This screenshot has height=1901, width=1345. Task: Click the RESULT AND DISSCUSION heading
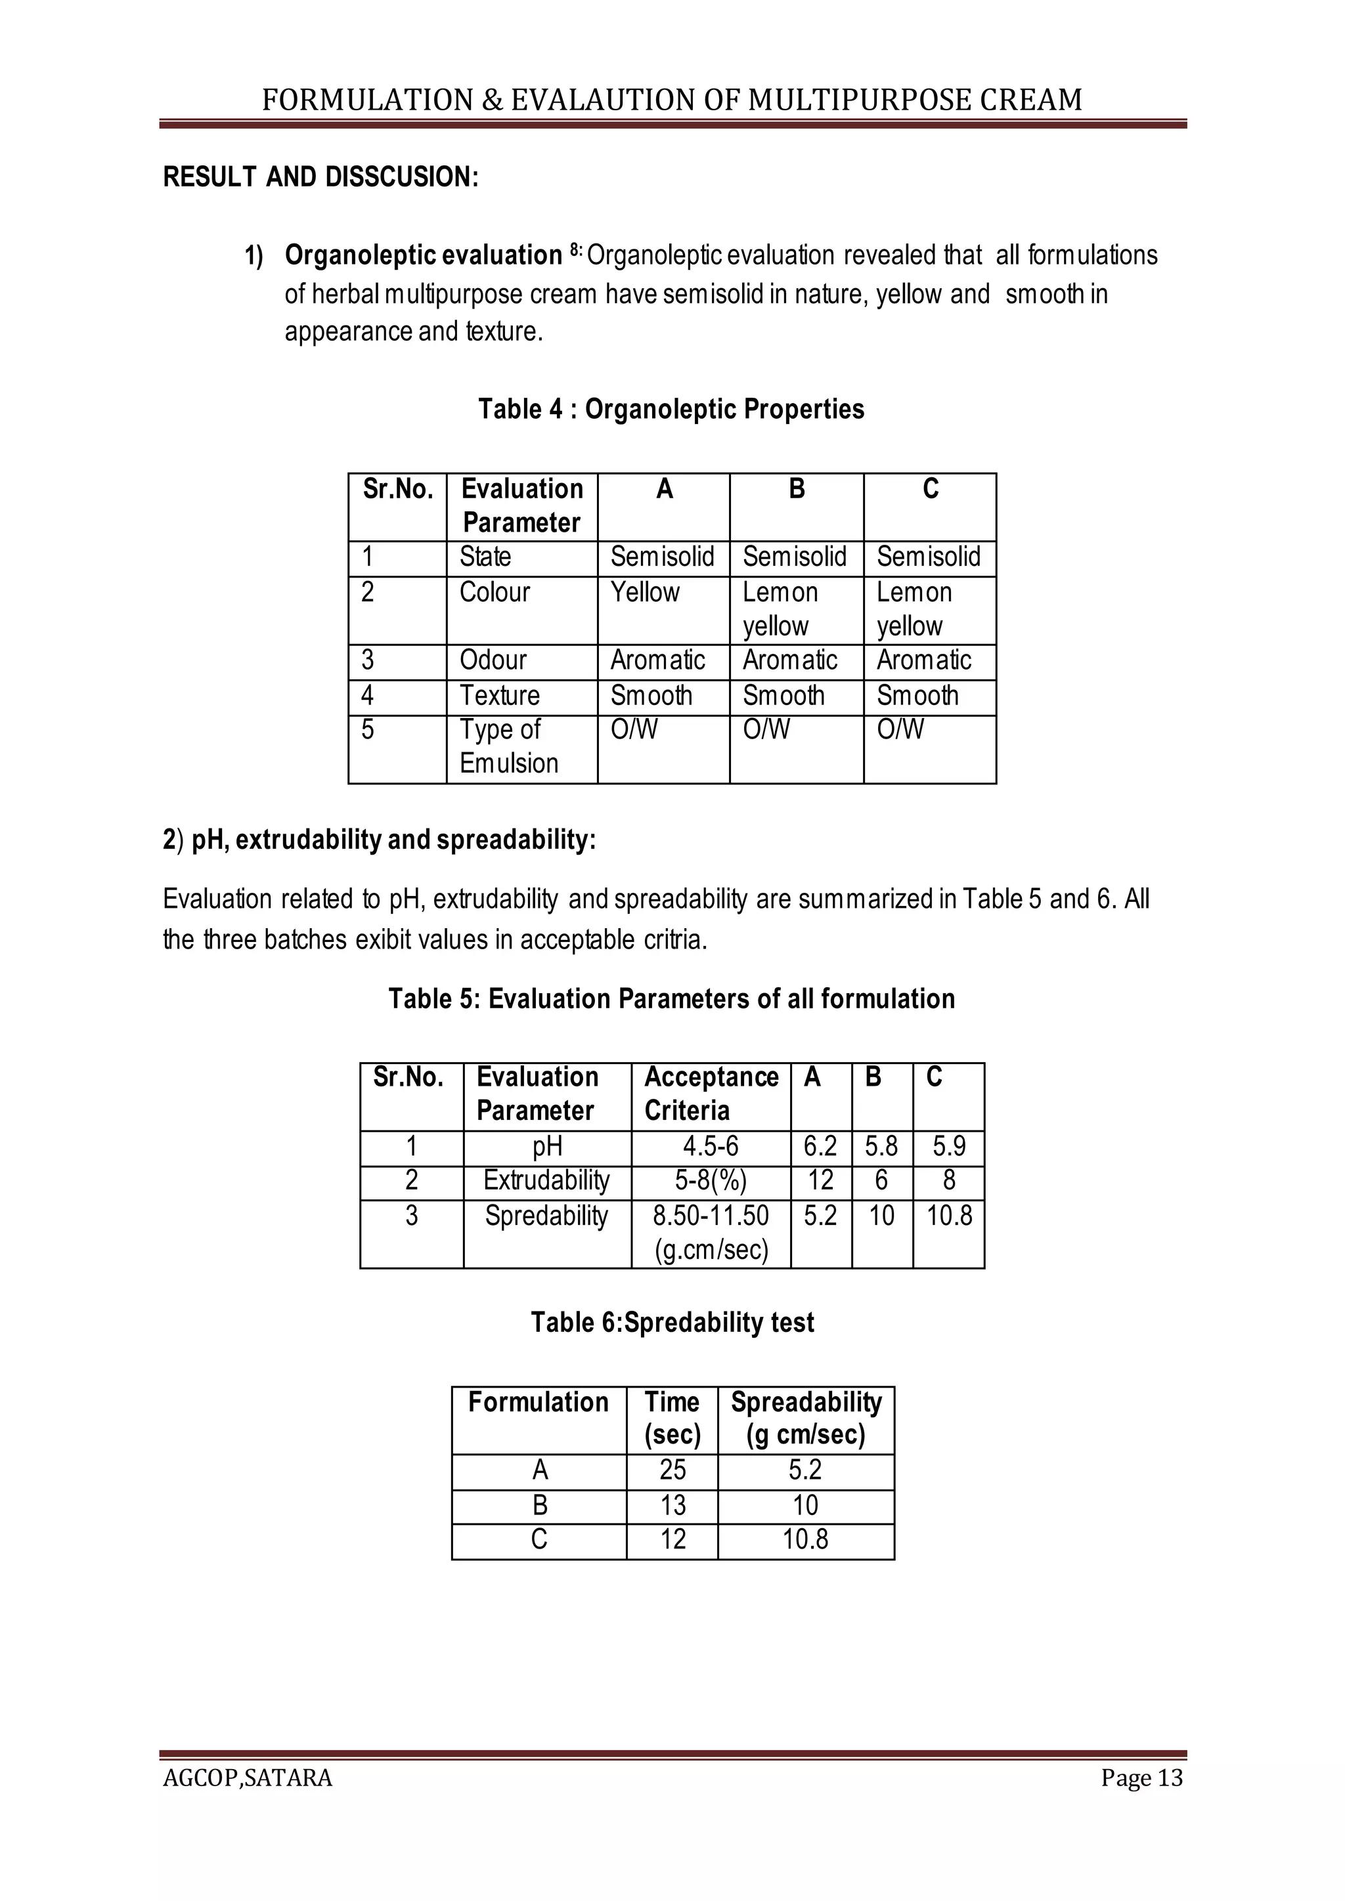[x=320, y=177]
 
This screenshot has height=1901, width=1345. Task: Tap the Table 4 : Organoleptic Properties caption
[x=671, y=409]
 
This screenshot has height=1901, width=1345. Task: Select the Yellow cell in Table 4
[x=644, y=593]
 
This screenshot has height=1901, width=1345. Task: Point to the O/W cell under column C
[x=900, y=730]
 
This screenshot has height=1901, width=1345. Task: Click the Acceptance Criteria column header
[x=711, y=1094]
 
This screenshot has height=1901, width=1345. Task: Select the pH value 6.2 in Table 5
[x=820, y=1147]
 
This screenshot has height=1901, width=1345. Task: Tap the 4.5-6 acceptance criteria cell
[x=711, y=1147]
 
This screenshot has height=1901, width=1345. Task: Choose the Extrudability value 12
[x=820, y=1181]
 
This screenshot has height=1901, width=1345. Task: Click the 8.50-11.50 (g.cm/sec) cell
[x=711, y=1232]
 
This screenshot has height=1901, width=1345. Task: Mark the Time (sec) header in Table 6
[x=672, y=1419]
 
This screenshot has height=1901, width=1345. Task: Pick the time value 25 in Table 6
[x=672, y=1470]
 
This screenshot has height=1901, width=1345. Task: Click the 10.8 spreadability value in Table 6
[x=805, y=1539]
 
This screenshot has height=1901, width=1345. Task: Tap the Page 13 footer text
[x=1141, y=1778]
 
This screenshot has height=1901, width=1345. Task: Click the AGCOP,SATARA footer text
[x=248, y=1778]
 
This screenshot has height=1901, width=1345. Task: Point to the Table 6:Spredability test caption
[x=672, y=1322]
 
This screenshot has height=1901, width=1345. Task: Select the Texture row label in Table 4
[x=499, y=696]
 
